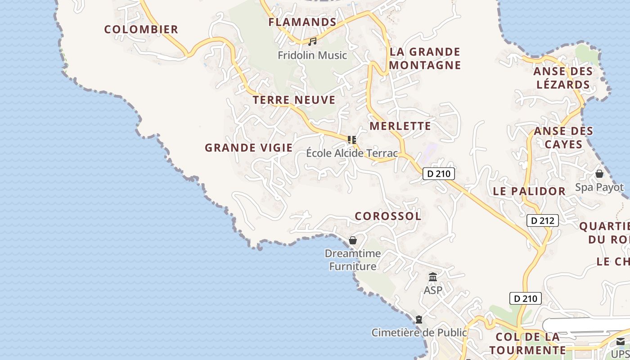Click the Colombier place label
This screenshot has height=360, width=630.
141,30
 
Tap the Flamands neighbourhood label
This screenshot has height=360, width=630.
302,22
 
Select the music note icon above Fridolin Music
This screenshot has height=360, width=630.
312,42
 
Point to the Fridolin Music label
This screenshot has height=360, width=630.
312,55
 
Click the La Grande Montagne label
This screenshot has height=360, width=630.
425,58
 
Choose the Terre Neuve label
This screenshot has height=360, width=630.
294,100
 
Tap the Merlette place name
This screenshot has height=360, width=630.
400,126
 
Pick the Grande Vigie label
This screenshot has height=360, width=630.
249,148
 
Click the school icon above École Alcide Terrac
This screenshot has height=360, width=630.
352,140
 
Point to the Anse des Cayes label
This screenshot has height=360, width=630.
563,138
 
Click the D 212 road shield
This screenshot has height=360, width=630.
543,220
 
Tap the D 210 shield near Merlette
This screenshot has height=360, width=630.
439,174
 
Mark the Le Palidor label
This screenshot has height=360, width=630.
529,191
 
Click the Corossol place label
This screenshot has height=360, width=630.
388,216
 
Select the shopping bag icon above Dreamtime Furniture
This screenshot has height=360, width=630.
353,241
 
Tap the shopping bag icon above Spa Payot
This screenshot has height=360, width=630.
599,174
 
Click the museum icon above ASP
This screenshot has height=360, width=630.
433,277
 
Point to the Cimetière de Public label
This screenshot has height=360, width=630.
419,333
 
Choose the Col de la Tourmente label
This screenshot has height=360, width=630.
527,343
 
